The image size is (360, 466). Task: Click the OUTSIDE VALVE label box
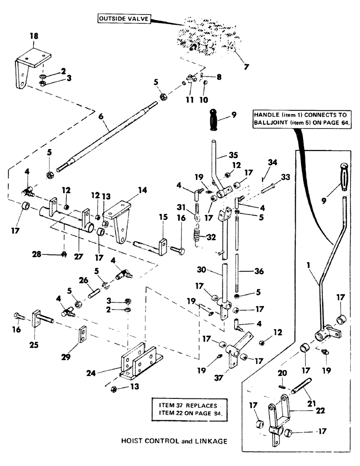(123, 19)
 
